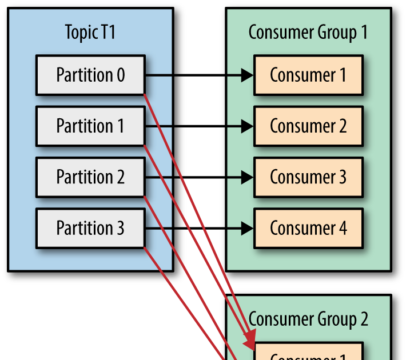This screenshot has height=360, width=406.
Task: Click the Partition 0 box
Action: [x=90, y=75]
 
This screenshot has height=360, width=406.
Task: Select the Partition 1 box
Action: [x=90, y=126]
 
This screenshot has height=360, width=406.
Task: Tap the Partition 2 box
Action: [x=90, y=177]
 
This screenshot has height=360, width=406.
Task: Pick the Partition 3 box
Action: [x=90, y=228]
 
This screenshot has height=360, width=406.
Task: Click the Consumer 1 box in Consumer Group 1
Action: [x=308, y=75]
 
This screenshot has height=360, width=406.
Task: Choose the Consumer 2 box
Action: [x=308, y=126]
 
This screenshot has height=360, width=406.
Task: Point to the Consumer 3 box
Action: [x=308, y=177]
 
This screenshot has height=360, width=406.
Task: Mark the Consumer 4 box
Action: [x=308, y=228]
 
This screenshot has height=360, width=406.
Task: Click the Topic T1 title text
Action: [x=90, y=33]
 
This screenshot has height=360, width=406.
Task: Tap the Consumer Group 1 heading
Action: [x=308, y=33]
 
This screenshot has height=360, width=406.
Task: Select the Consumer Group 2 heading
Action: [x=308, y=319]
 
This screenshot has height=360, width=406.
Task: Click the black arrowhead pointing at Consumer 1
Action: [x=248, y=75]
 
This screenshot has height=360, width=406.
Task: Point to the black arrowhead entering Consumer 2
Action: [x=248, y=126]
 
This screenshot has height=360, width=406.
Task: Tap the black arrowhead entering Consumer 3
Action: [x=248, y=177]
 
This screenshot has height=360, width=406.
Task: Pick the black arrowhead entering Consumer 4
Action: [x=248, y=228]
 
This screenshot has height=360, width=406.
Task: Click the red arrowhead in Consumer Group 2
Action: [x=250, y=342]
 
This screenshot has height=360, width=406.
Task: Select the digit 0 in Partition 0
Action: [x=120, y=75]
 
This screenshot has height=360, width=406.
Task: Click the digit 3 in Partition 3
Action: [x=120, y=228]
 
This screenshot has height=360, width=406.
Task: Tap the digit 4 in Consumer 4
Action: [x=342, y=228]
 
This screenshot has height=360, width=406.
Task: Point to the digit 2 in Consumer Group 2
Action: [x=364, y=319]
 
